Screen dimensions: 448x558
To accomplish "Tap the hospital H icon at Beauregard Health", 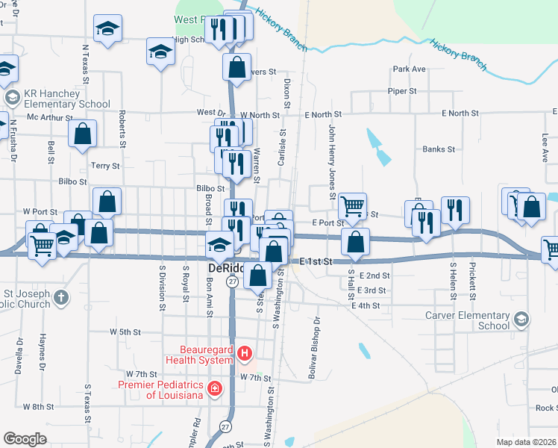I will (x=245, y=352).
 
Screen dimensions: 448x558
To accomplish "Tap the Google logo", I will (x=25, y=438).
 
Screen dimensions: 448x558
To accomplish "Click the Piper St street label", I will (x=402, y=91).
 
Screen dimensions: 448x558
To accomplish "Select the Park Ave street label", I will (x=409, y=69).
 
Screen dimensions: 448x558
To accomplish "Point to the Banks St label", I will (x=439, y=149).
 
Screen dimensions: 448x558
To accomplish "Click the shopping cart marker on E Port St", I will (x=351, y=205).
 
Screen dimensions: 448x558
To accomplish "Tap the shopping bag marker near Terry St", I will (x=82, y=134).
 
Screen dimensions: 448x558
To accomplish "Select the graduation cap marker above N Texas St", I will (x=107, y=28).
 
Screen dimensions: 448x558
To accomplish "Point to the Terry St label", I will (x=105, y=166).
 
